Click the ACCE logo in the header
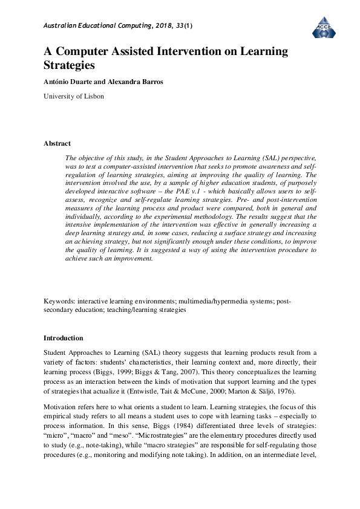[323, 26]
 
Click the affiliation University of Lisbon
[74, 96]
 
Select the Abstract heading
[57, 143]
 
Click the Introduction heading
[64, 338]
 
